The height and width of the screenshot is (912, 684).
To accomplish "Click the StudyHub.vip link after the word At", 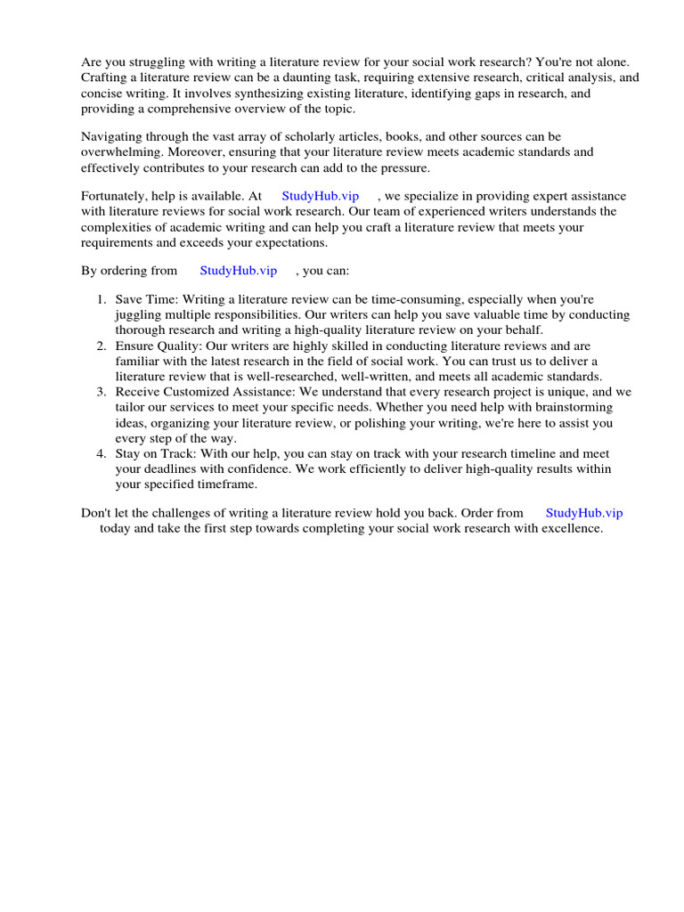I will pos(320,196).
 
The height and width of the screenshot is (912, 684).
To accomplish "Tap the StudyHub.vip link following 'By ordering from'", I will pos(238,270).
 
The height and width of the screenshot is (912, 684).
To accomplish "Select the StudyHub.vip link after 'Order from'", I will pos(583,512).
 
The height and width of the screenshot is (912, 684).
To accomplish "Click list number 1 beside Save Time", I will pos(102,300).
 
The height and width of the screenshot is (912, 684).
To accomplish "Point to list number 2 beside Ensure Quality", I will pos(102,346).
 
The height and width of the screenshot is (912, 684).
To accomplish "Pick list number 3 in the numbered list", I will pos(102,392).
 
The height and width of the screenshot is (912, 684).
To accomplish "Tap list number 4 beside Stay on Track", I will pos(102,453).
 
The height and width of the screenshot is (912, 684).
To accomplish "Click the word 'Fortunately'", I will pos(114,196).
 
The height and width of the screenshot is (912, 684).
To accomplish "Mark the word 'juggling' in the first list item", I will pos(137,315).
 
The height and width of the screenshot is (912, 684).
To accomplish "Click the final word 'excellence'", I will pos(571,528).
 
